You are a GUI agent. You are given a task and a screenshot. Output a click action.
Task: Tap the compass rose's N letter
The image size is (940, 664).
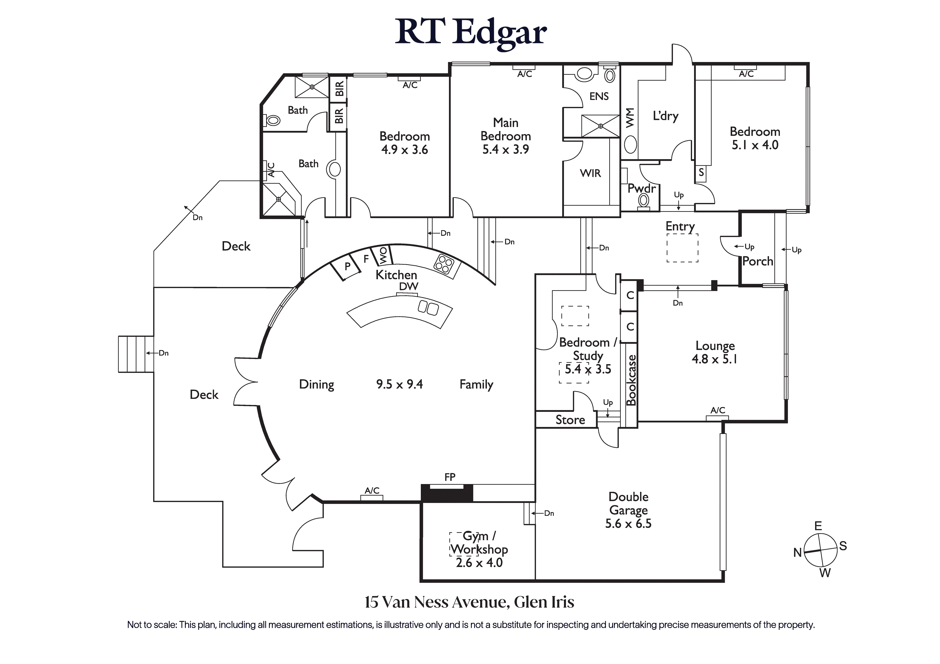(797, 553)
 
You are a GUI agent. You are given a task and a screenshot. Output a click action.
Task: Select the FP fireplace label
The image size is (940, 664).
(449, 477)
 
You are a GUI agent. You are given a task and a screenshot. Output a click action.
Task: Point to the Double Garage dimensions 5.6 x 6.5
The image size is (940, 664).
(628, 524)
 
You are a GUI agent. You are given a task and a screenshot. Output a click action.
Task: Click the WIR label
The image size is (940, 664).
(590, 173)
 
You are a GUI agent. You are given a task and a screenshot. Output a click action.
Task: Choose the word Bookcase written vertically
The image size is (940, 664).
(632, 380)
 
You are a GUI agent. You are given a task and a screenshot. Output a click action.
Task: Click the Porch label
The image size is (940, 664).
(757, 261)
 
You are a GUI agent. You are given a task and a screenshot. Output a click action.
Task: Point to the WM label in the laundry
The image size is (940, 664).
(630, 117)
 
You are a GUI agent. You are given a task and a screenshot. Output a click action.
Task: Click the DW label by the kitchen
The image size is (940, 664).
(408, 286)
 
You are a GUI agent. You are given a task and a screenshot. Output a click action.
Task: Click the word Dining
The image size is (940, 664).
(317, 385)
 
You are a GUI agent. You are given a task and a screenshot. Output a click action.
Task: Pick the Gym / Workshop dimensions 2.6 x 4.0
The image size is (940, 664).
(479, 562)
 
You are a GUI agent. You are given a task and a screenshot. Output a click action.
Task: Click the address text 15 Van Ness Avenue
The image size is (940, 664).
(437, 602)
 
